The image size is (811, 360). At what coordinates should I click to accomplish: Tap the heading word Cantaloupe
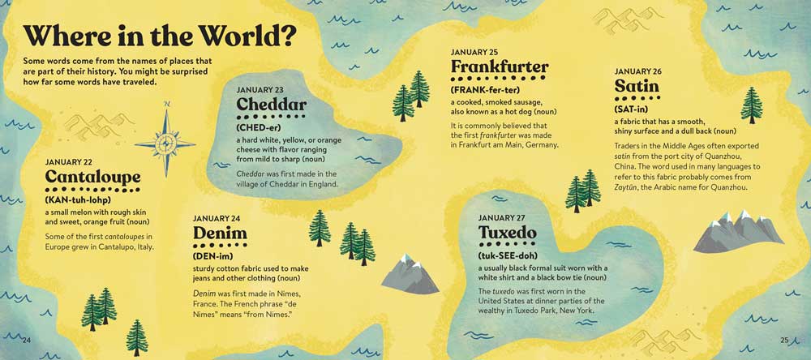click(x=92, y=176)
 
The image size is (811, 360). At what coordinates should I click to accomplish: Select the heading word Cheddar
click(x=271, y=105)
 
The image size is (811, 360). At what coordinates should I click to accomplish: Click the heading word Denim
click(x=219, y=234)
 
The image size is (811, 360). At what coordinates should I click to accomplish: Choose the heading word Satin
click(x=637, y=86)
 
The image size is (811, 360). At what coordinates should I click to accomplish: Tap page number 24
click(x=28, y=339)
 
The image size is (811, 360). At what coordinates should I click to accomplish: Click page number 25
click(x=784, y=339)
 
